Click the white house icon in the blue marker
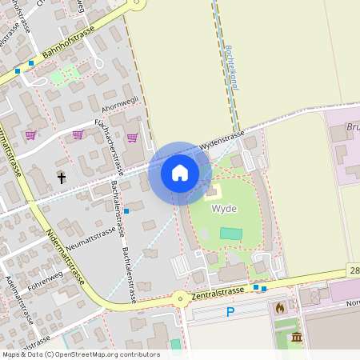tap(179, 173)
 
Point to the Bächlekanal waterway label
tap(230, 66)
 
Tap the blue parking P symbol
tap(230, 312)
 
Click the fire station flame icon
tap(279, 306)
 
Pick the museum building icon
tap(297, 338)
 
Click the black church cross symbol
tap(61, 177)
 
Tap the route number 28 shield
tap(354, 272)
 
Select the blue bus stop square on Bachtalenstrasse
tap(126, 211)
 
